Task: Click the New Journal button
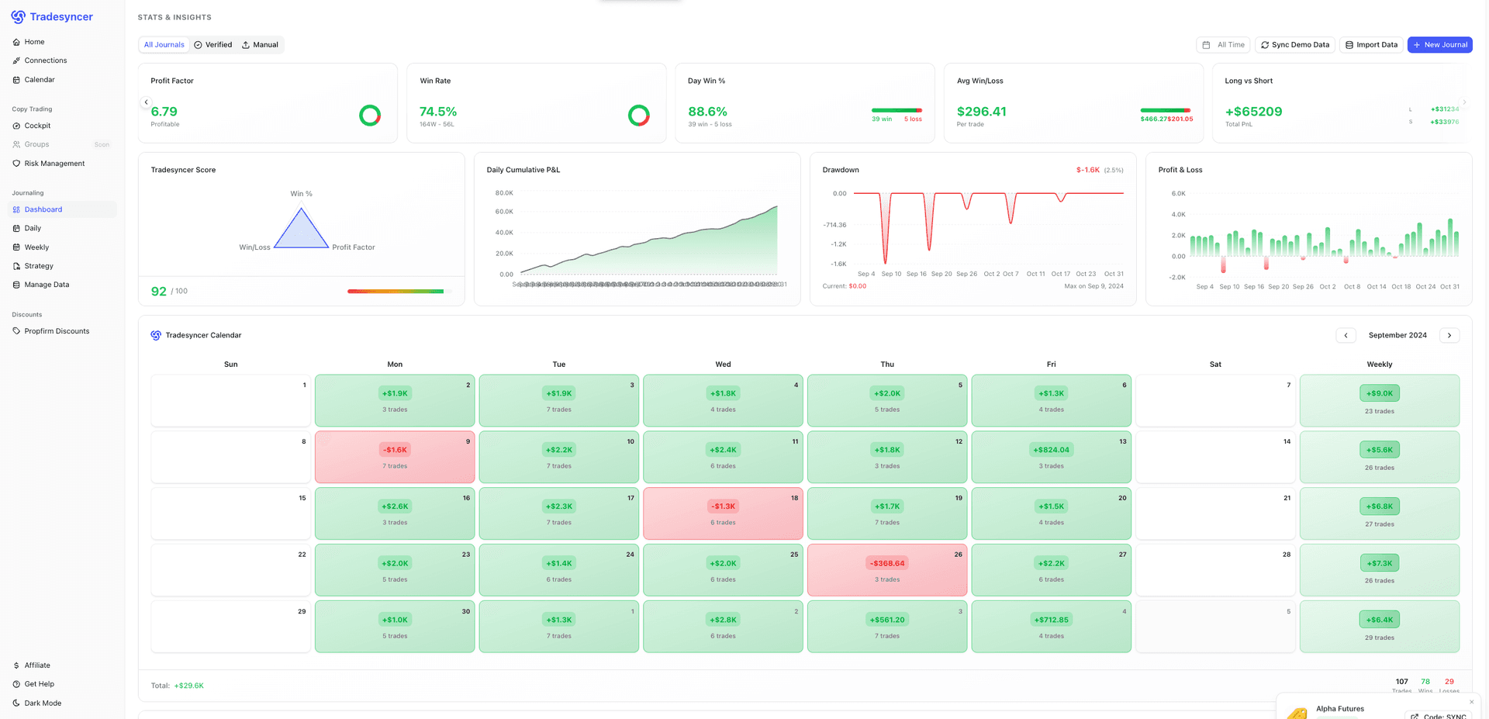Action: (1439, 45)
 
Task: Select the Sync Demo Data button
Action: (1295, 45)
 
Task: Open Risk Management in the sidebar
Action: (54, 164)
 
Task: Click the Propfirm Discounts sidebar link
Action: (57, 331)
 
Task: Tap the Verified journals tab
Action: (213, 45)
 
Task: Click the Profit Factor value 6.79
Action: (164, 112)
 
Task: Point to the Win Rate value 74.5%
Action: (437, 112)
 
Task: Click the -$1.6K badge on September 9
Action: (395, 450)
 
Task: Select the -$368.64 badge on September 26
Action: (887, 563)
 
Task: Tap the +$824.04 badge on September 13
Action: (1051, 450)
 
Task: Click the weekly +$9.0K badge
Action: (1379, 393)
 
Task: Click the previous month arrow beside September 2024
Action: (1346, 335)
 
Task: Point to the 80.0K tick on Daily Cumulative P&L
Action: (503, 193)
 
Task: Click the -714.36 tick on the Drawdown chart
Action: (834, 225)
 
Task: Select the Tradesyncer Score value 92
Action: (158, 292)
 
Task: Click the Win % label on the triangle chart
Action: (301, 194)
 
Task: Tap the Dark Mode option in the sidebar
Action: (42, 703)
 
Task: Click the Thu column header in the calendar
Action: (887, 365)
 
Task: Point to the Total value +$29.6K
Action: (188, 686)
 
